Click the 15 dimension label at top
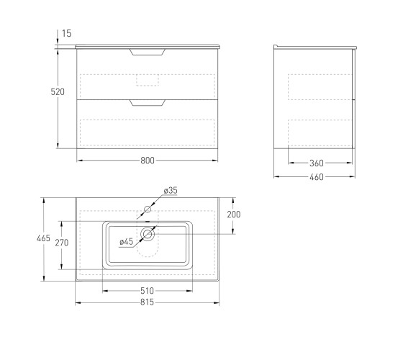pos(66,33)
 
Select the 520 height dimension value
pos(58,92)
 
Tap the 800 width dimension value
pos(148,161)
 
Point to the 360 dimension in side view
pos(317,163)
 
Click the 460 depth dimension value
pos(317,177)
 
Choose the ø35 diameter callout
pos(171,191)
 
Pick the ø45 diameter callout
pos(126,241)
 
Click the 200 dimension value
pos(234,215)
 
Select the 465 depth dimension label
pos(43,238)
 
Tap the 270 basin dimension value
pos(62,243)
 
